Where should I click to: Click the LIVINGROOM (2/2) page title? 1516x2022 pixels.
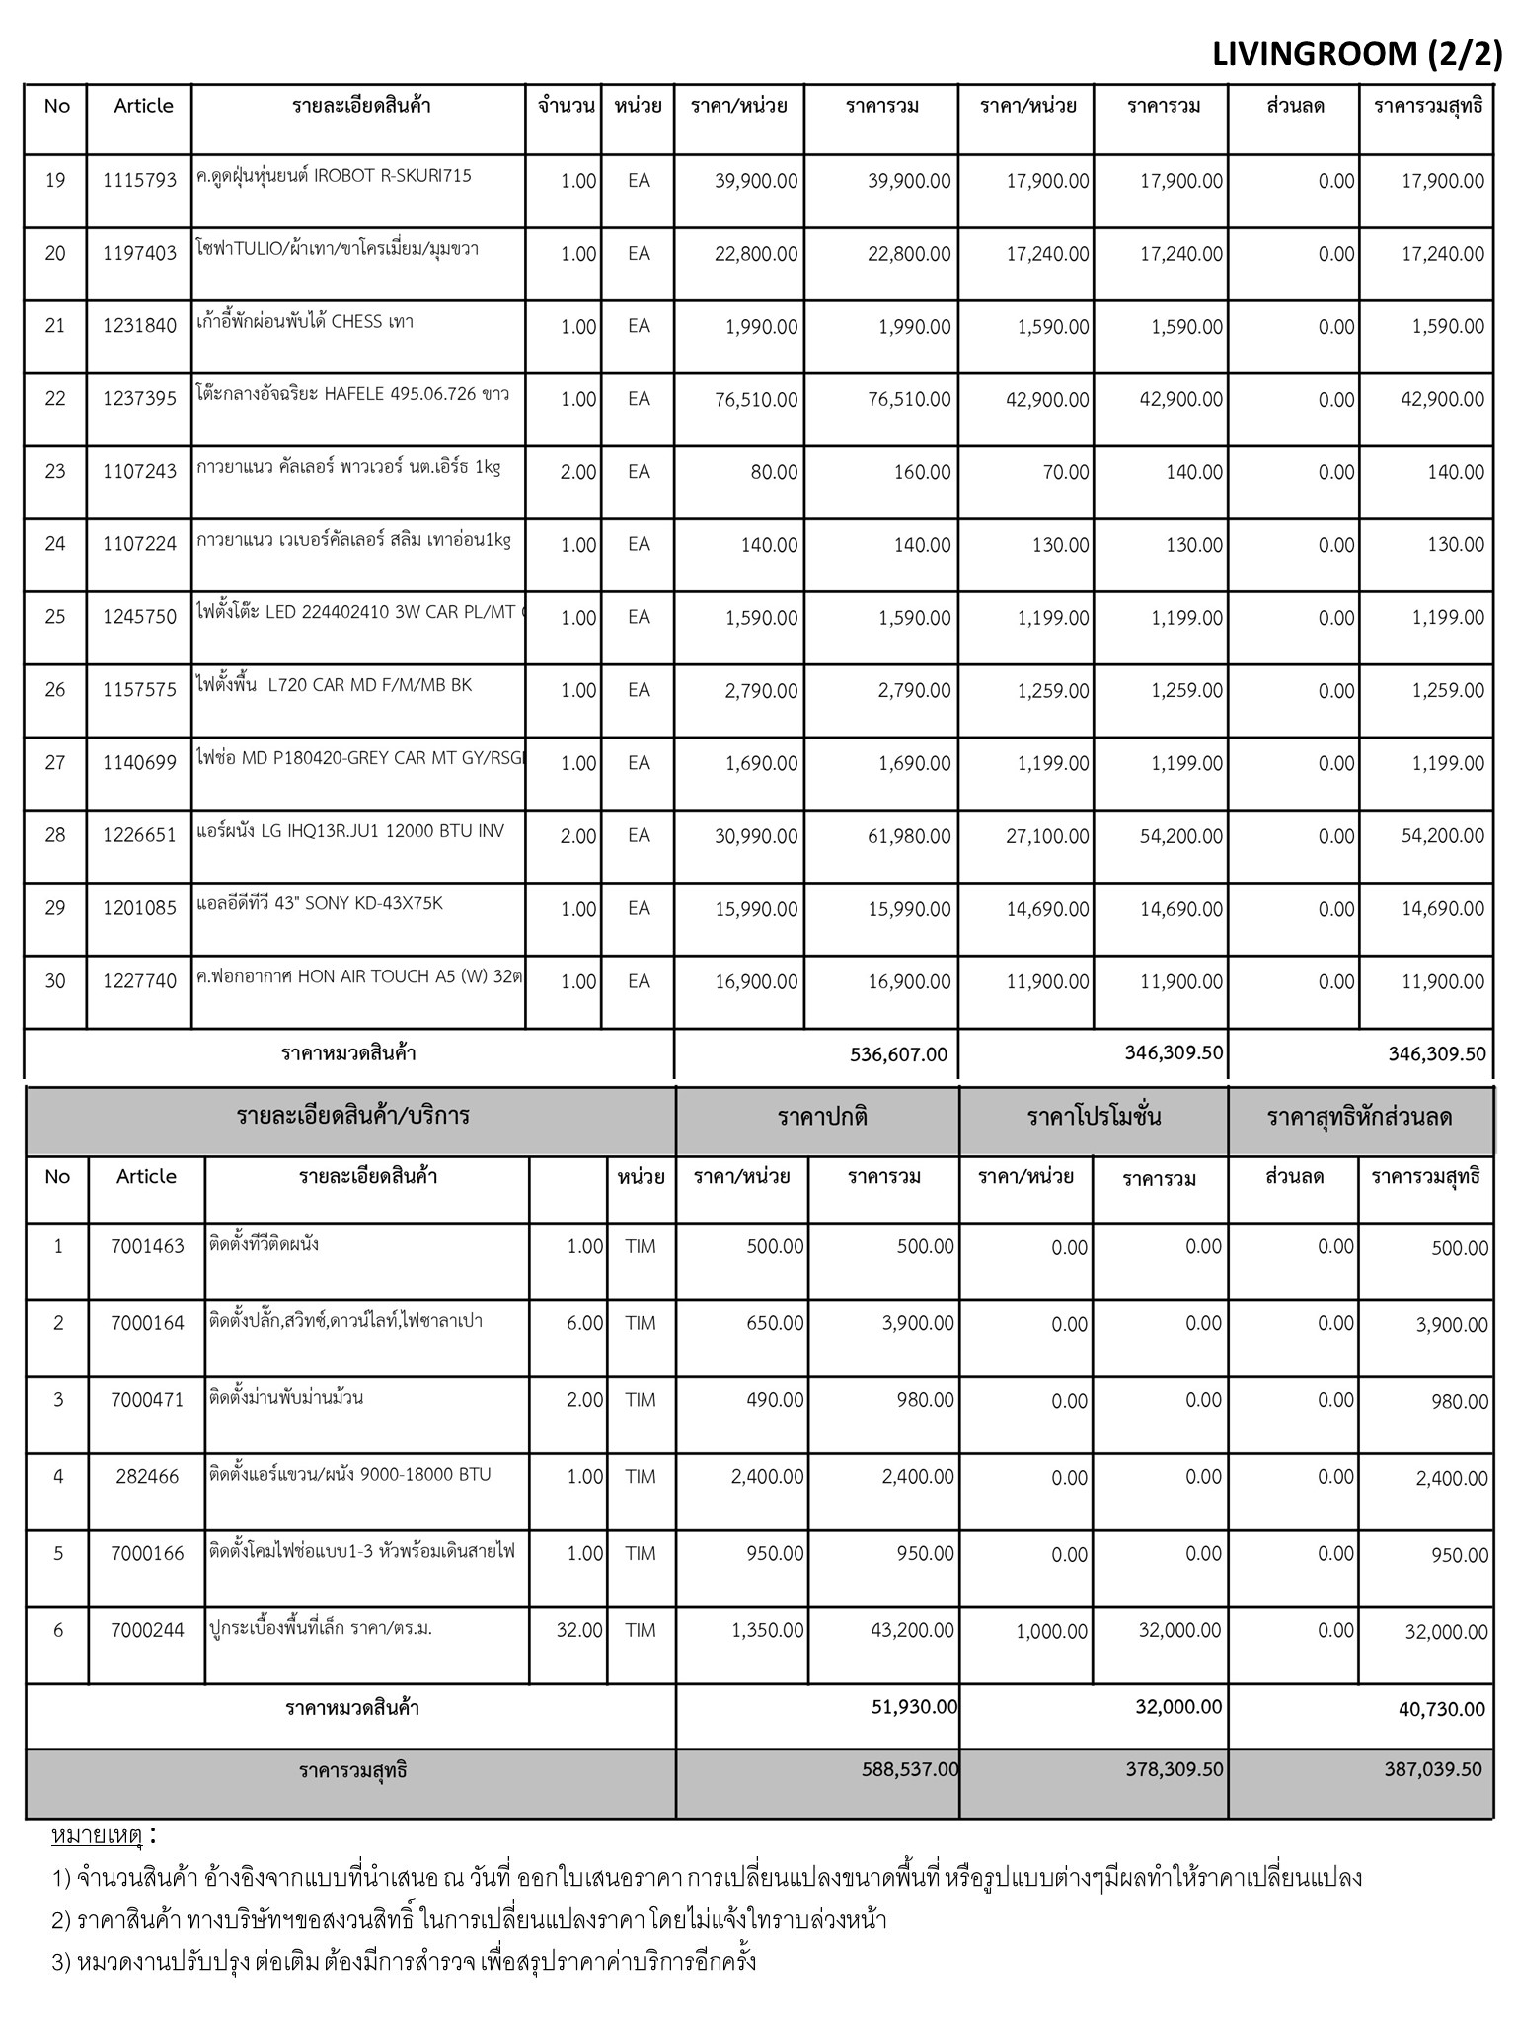tap(1356, 55)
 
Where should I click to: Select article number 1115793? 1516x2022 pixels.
tap(139, 180)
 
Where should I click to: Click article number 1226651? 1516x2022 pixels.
tap(139, 835)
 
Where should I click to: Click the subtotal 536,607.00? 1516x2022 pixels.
tap(898, 1054)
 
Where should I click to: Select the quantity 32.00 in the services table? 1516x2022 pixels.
tap(579, 1630)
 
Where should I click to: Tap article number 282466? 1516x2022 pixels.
tap(147, 1477)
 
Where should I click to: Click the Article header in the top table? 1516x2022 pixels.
tap(143, 106)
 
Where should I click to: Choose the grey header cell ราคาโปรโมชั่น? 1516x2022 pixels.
tap(1094, 1118)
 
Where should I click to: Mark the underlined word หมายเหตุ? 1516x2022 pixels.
tap(97, 1836)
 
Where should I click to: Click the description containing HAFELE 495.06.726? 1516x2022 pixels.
tap(353, 394)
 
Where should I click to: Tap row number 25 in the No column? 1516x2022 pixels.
tap(55, 617)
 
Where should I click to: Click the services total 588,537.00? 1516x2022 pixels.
tap(910, 1769)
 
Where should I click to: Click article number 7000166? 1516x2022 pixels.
tap(147, 1553)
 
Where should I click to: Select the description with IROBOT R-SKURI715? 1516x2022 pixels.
tap(334, 176)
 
